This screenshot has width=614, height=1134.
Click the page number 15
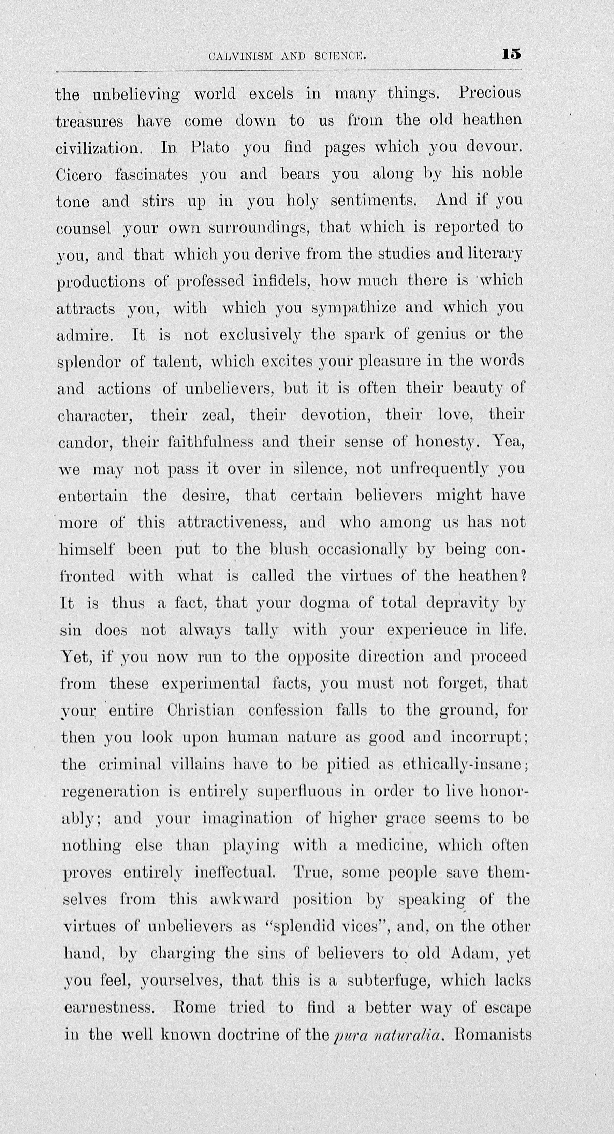click(511, 54)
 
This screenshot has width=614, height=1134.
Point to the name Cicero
click(79, 175)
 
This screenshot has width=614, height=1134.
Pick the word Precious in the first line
click(489, 93)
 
